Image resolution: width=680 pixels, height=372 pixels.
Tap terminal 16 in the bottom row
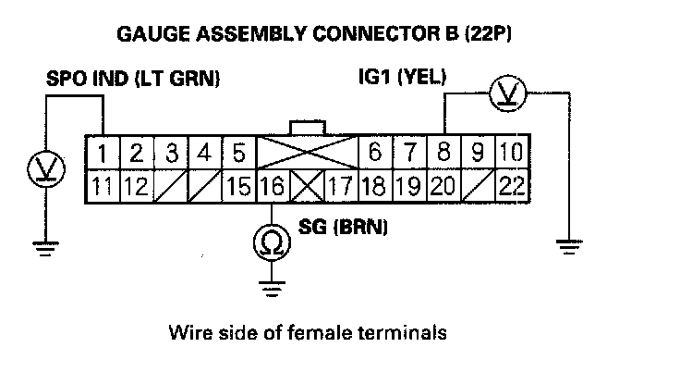(x=271, y=187)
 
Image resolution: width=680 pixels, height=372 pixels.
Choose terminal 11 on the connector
(x=104, y=187)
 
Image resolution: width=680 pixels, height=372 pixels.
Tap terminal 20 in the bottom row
(x=443, y=187)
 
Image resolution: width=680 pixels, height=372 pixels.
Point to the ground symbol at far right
(x=571, y=247)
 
